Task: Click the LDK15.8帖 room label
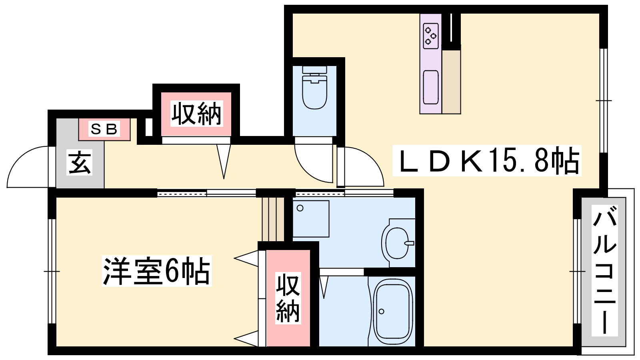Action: point(487,160)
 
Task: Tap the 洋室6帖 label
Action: point(156,271)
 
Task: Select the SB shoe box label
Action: point(104,129)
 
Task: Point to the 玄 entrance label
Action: point(80,162)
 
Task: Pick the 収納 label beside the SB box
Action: point(196,114)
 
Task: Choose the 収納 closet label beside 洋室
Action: point(288,298)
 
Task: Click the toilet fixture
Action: point(314,87)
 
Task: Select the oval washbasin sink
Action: point(398,243)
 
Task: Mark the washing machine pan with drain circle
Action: point(311,219)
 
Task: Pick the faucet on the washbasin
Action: point(409,243)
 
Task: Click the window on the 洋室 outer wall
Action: point(52,271)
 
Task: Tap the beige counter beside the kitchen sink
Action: point(452,82)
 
